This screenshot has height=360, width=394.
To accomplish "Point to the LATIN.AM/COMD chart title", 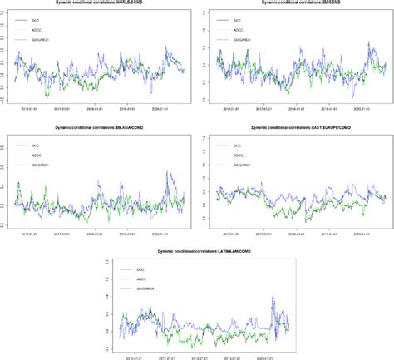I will (x=198, y=250).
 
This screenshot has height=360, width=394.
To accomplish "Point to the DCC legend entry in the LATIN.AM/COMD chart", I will (x=152, y=269).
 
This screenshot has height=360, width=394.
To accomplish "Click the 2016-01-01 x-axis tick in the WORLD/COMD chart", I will (x=28, y=107).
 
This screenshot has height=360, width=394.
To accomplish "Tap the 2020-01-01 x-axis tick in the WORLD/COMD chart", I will (x=163, y=107).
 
